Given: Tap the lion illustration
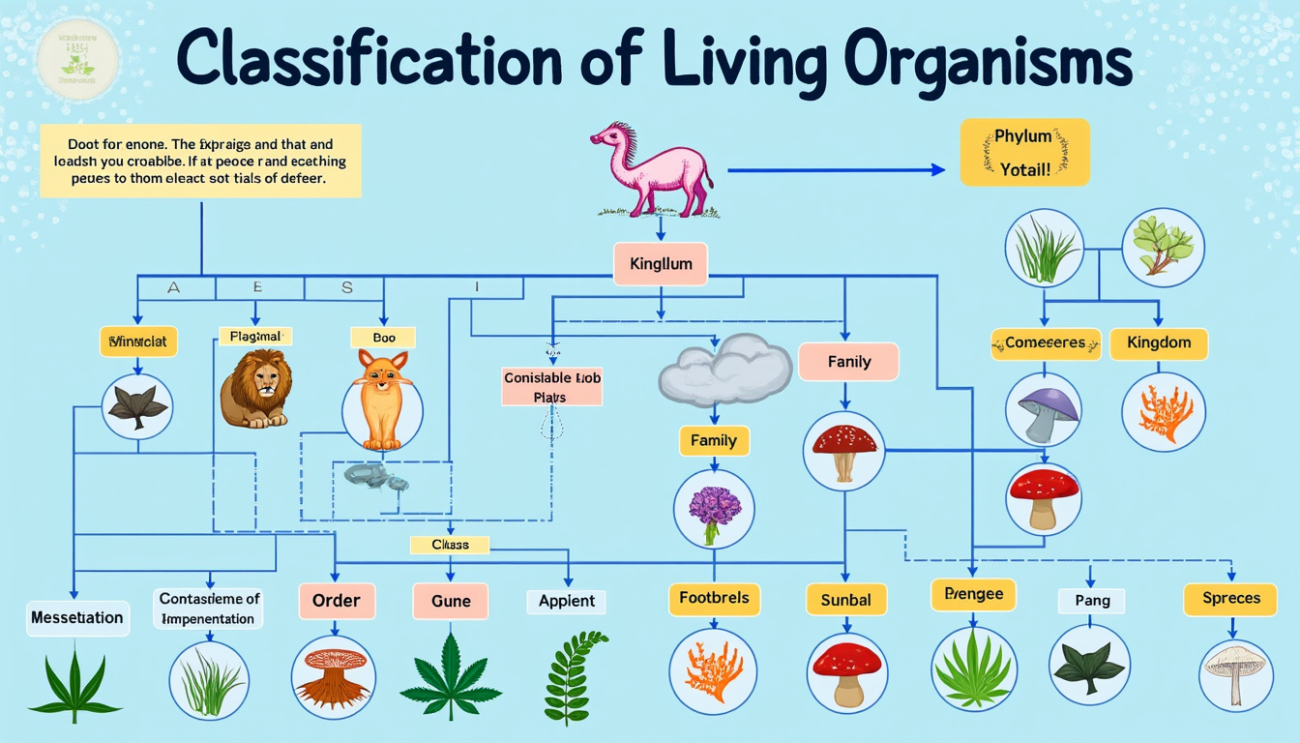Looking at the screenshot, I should pyautogui.click(x=256, y=388).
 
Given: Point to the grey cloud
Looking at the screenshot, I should pyautogui.click(x=725, y=369).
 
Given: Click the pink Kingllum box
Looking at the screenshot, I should pyautogui.click(x=660, y=263).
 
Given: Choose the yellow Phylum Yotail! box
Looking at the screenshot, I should pyautogui.click(x=1024, y=152).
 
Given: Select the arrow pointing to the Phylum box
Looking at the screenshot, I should pyautogui.click(x=836, y=169).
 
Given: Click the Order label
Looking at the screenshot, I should pyautogui.click(x=336, y=601).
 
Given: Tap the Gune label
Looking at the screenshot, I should pyautogui.click(x=451, y=601).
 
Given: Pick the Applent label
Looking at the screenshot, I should pyautogui.click(x=567, y=601).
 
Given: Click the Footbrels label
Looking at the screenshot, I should pyautogui.click(x=714, y=598).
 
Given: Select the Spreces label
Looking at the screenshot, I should pyautogui.click(x=1231, y=598).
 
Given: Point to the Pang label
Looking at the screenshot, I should pyautogui.click(x=1092, y=601).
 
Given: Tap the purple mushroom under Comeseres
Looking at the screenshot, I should pyautogui.click(x=1043, y=407).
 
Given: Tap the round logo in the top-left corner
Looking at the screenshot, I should pyautogui.click(x=77, y=59).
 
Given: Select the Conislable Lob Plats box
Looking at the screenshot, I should pyautogui.click(x=552, y=387).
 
